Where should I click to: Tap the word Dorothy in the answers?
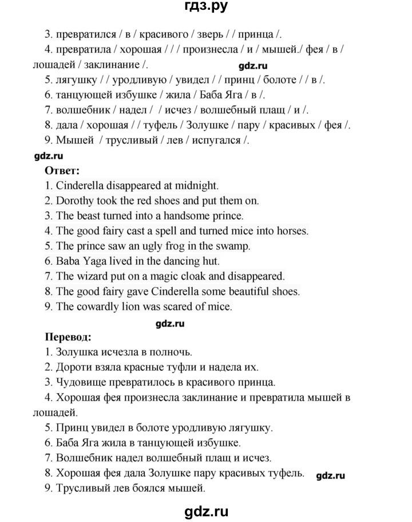pos(74,201)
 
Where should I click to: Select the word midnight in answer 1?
pos(196,185)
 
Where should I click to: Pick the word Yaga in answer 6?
pos(96,262)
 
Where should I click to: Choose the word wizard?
pos(91,277)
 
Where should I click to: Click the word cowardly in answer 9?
pos(97,307)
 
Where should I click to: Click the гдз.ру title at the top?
pos(205,8)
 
